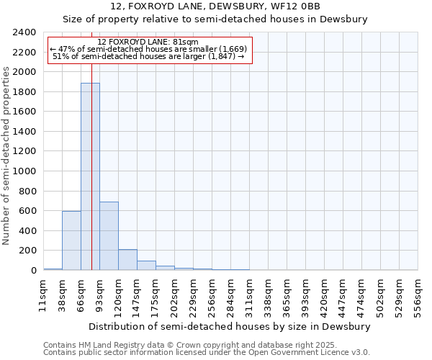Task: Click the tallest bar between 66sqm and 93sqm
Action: (90, 176)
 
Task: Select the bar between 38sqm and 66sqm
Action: (71, 240)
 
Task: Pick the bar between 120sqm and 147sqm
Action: (127, 260)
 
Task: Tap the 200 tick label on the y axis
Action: (28, 251)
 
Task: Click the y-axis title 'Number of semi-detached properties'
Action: (7, 156)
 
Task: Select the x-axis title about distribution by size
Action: (230, 326)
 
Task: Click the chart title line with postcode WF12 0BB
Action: (220, 6)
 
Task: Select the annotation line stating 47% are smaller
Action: (148, 49)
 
